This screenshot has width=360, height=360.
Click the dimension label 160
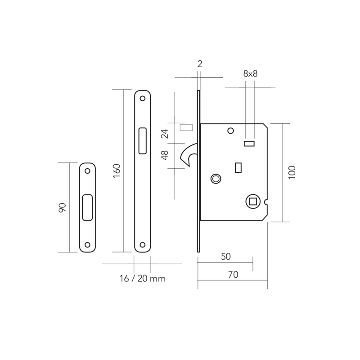(116, 171)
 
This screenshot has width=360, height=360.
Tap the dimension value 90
(63, 207)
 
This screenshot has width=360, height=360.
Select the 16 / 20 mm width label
(143, 279)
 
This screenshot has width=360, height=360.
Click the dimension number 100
(291, 172)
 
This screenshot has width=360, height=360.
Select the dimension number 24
(165, 133)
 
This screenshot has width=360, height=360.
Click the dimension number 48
(165, 155)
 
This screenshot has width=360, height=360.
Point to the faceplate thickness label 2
(200, 64)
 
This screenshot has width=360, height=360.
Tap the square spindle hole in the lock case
(251, 199)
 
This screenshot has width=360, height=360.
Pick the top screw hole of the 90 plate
(87, 171)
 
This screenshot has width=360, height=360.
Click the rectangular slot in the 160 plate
(143, 140)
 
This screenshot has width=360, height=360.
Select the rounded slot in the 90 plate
(87, 207)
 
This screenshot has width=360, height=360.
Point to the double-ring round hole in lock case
(216, 179)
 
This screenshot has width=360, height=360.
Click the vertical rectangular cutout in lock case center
(238, 167)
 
